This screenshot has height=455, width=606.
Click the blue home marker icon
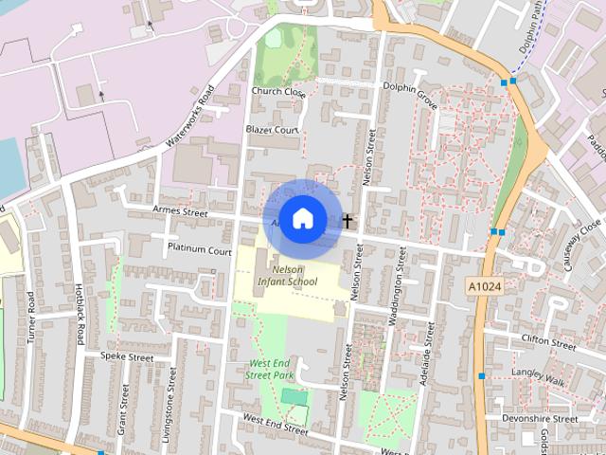point(302,219)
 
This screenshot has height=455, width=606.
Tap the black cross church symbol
point(348,221)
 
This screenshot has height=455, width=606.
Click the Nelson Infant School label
point(287,275)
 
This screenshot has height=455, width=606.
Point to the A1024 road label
point(485,284)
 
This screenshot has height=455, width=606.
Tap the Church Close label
point(278,92)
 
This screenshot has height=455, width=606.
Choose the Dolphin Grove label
point(411,94)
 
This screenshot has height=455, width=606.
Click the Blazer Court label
point(272,129)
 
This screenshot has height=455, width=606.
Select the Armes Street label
point(180,211)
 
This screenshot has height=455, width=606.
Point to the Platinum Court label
point(199,251)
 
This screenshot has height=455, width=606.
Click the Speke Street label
point(127,357)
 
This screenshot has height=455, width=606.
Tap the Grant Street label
point(123,409)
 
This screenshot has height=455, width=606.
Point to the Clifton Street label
point(547,341)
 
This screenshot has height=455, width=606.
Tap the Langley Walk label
point(538,376)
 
